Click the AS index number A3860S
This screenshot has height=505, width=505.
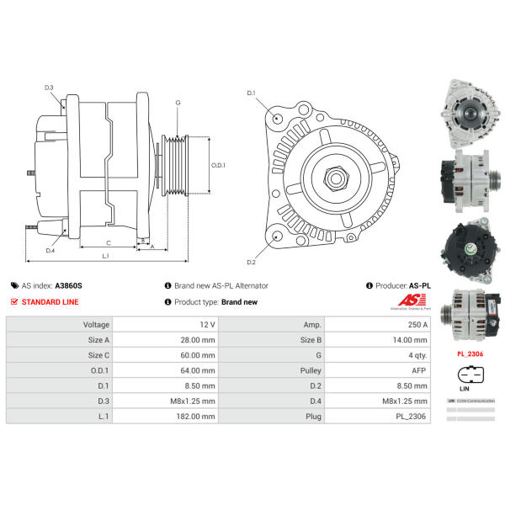(x=69, y=286)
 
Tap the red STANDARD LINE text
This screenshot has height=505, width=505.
(x=51, y=301)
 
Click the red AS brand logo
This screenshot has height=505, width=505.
(x=407, y=301)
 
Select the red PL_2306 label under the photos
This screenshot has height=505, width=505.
(x=470, y=354)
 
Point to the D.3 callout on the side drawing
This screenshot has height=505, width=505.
(x=49, y=88)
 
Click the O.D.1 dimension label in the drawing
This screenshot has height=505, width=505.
(x=218, y=165)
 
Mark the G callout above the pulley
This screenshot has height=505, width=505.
(x=178, y=103)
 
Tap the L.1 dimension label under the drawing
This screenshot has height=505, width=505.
(x=106, y=255)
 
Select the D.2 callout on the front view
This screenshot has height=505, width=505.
(x=251, y=262)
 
